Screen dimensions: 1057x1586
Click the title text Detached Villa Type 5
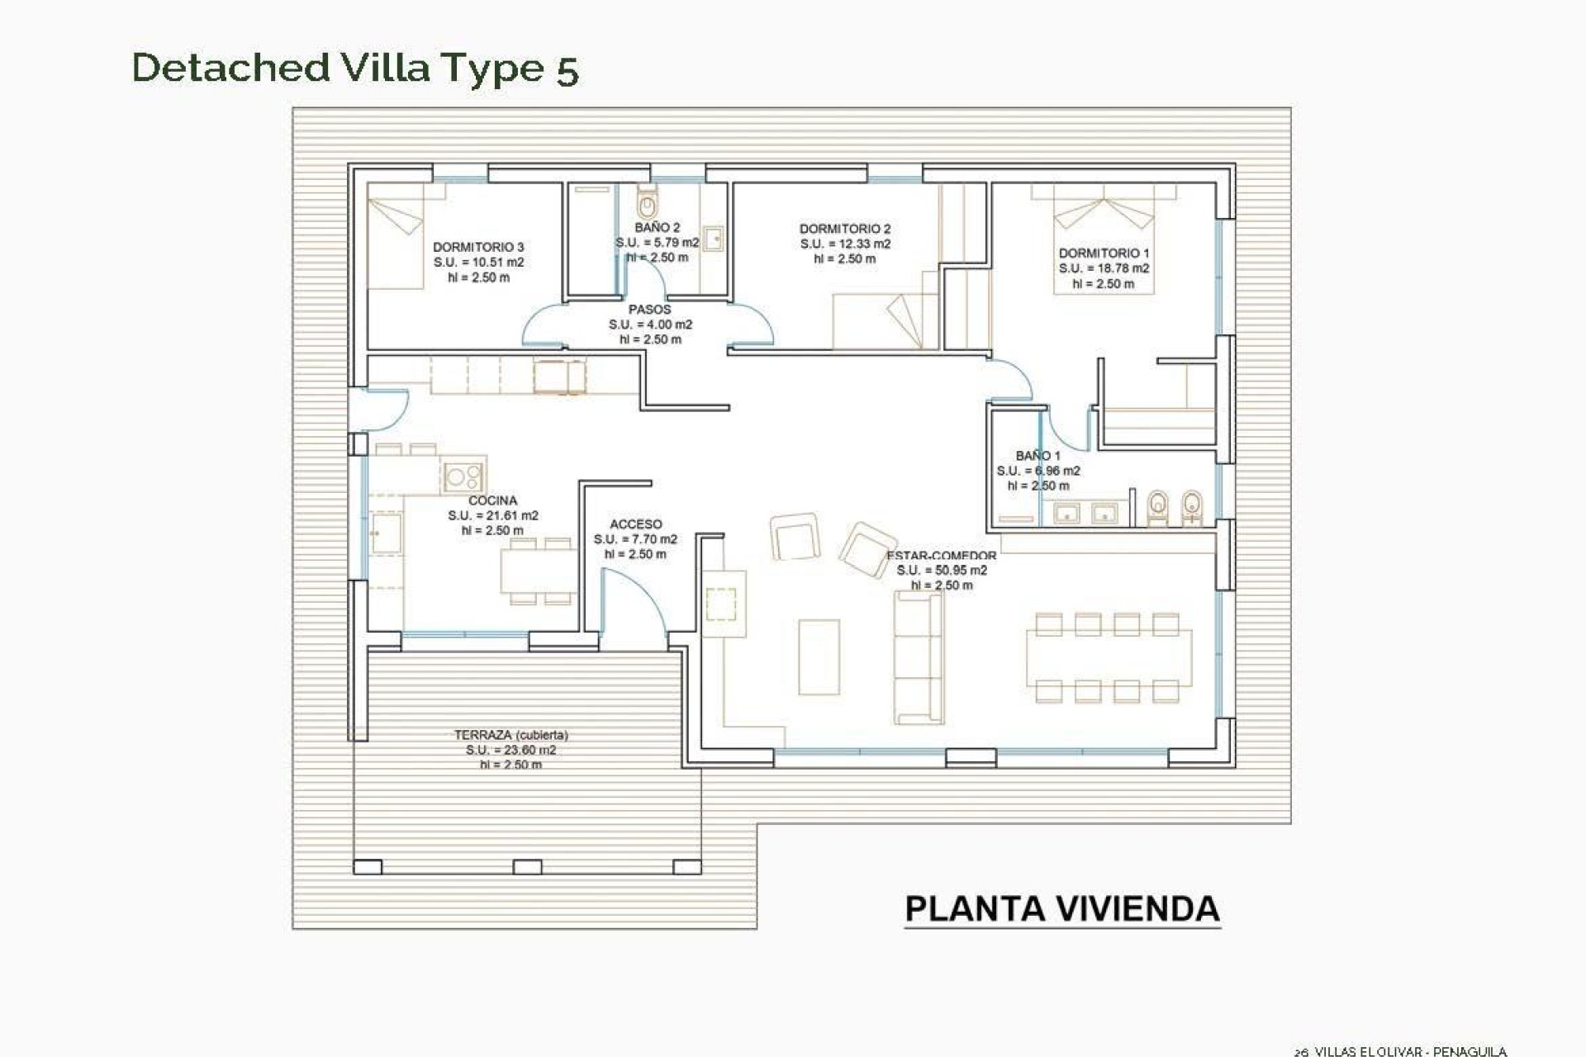[355, 69]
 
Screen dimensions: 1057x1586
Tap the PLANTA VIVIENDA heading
[1062, 908]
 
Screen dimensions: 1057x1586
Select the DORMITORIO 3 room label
[478, 247]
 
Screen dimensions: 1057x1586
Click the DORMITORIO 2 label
[845, 229]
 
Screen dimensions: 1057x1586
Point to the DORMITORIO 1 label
[1104, 254]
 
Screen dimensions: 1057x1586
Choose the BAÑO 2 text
[658, 227]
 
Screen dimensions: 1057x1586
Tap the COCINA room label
[493, 500]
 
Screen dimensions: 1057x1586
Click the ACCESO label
[636, 524]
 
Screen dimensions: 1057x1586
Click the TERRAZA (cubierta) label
[510, 735]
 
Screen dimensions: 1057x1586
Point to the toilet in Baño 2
[647, 201]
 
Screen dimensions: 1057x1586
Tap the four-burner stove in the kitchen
[463, 476]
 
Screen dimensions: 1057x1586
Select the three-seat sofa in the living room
[919, 646]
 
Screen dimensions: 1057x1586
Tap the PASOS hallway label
[650, 310]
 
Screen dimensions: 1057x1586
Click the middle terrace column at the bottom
[527, 867]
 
